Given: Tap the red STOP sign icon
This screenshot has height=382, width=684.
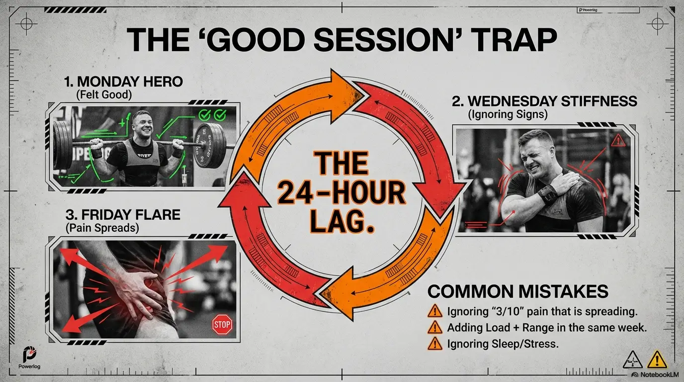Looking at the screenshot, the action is (x=222, y=324).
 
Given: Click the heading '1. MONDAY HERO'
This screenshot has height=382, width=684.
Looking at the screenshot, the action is (x=123, y=82).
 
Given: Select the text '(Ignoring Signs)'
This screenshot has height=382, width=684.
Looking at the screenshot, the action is (x=508, y=114).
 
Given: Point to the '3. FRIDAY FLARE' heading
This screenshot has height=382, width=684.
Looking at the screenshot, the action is (x=123, y=215).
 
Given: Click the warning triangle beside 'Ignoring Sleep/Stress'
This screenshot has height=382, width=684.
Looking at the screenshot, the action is (x=435, y=344).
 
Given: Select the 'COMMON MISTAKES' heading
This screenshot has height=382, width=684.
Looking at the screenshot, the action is (x=518, y=291).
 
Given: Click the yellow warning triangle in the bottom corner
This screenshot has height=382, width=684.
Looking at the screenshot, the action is (x=657, y=360).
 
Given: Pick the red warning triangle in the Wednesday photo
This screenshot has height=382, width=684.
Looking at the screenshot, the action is (x=619, y=140).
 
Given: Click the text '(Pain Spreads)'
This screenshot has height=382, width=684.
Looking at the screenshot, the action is (x=102, y=228).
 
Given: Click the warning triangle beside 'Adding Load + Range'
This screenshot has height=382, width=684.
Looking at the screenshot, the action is (x=435, y=327).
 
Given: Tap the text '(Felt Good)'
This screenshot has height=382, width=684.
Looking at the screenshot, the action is (x=104, y=95).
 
